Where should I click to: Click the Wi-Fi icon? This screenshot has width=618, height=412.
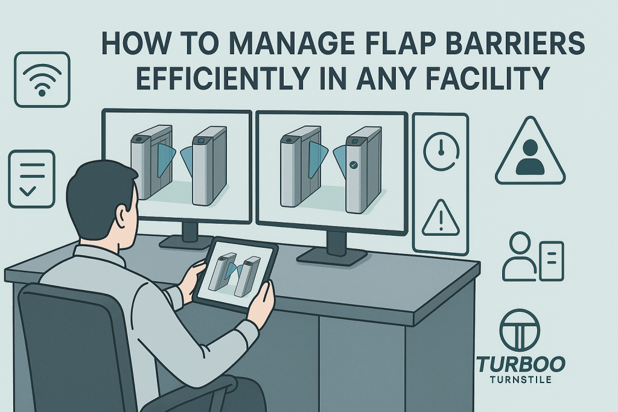42,80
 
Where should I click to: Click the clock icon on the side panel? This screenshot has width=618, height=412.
441,151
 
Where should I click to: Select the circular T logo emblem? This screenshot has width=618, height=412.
520,330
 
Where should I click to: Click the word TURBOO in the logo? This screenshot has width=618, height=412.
521,364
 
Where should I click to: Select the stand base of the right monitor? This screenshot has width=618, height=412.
332,255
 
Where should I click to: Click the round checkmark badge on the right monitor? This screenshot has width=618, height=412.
354,165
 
